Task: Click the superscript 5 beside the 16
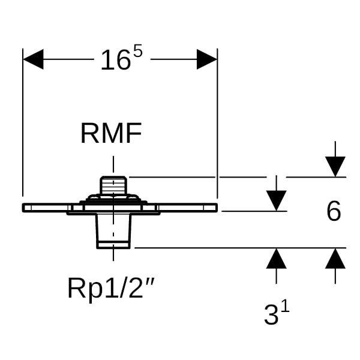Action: tap(137, 52)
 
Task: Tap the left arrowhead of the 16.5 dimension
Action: tap(34, 59)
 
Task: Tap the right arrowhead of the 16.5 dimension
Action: tap(206, 59)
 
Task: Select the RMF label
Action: tap(111, 134)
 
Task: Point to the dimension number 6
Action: tap(334, 211)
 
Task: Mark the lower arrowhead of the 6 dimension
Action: tap(335, 259)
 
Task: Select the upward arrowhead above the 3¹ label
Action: tap(276, 259)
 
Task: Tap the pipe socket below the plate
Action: tap(113, 231)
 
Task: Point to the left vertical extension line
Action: tap(23, 132)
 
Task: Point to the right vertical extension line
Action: tap(217, 132)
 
